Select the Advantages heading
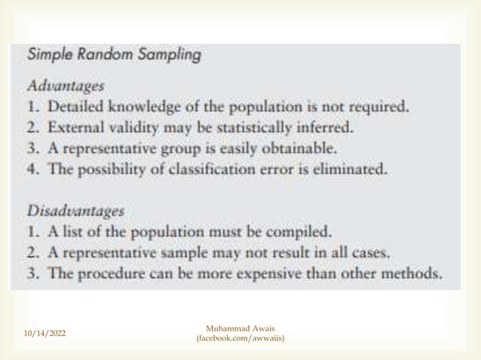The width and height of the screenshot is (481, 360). pos(57,86)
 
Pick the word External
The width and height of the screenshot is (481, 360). pos(70,127)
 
